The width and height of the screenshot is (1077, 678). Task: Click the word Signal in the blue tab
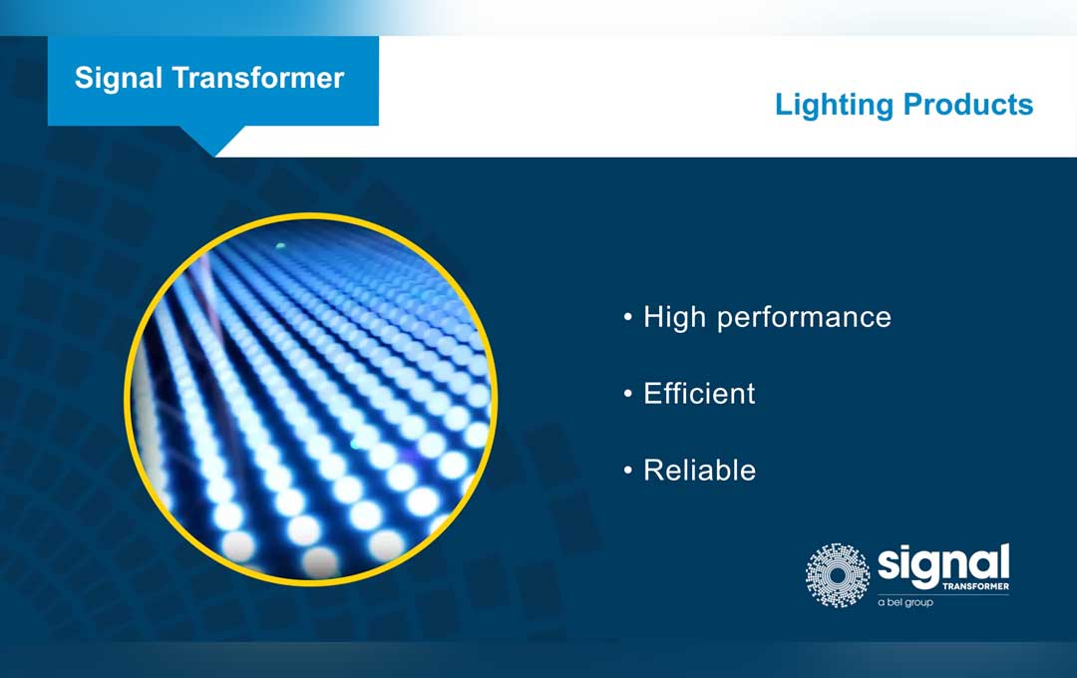[x=118, y=78]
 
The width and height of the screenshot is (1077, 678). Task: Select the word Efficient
[x=699, y=393]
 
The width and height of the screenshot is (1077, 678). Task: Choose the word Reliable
[x=699, y=470]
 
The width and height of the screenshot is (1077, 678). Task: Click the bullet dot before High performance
[x=628, y=318]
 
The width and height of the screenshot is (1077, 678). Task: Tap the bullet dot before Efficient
[x=628, y=395]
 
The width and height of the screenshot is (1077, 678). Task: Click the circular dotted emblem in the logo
[x=838, y=575]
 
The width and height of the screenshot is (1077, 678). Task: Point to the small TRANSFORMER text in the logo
[x=974, y=587]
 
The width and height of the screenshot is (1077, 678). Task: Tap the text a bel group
[x=905, y=603]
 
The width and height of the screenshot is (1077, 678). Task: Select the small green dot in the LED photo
[x=280, y=244]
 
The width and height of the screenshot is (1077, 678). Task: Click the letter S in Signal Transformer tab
[x=84, y=78]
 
